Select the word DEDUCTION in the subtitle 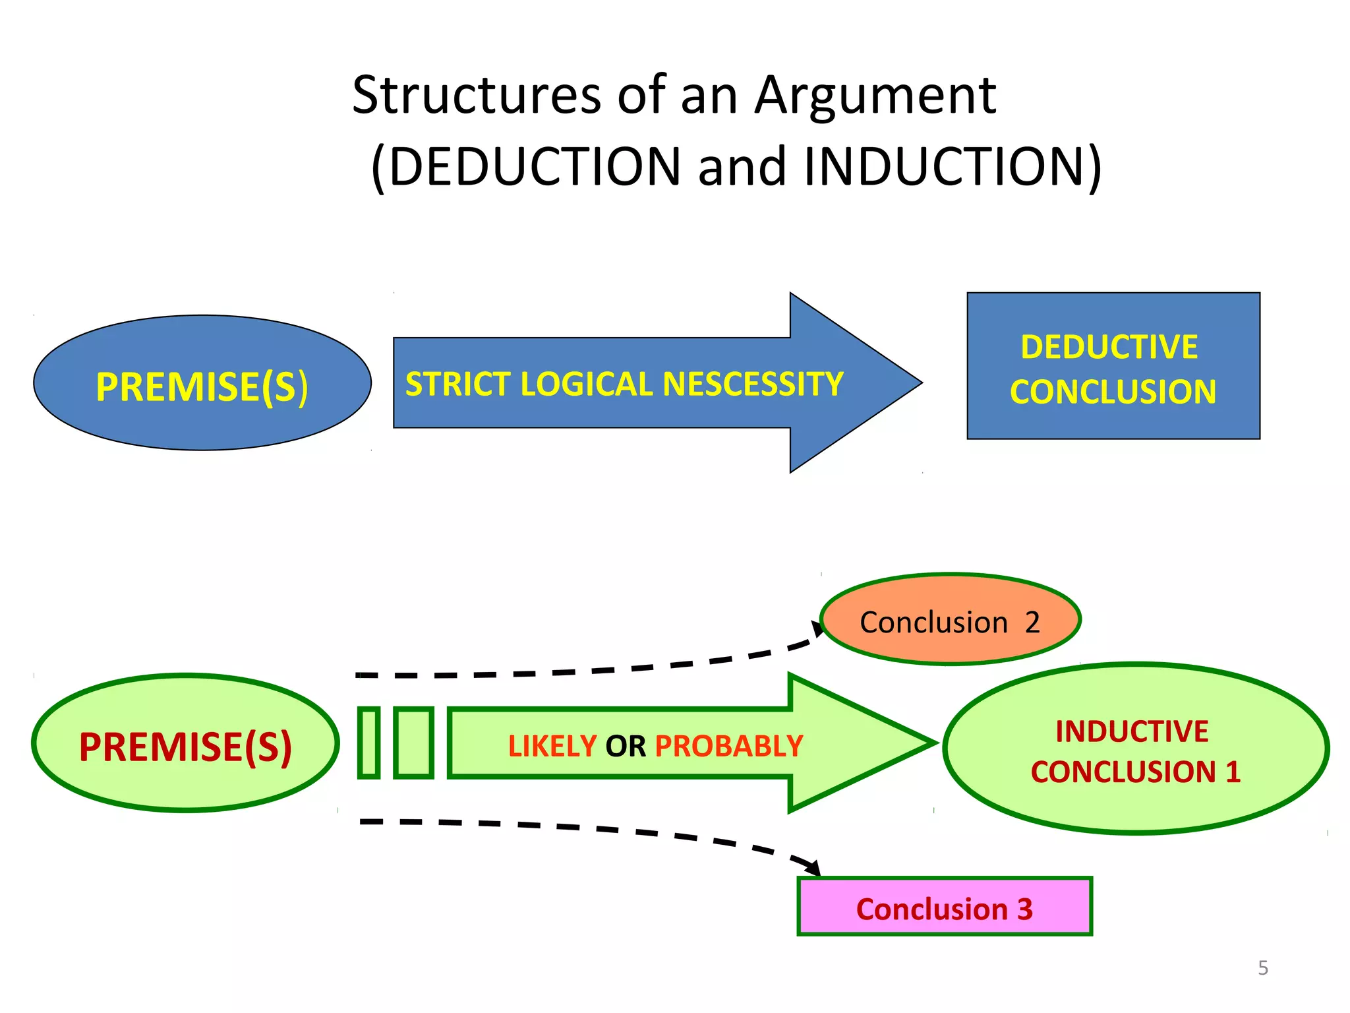534,167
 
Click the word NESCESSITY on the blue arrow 752,384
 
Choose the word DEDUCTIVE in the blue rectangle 1109,348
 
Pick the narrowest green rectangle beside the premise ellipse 368,743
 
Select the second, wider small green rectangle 413,743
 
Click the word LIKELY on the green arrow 552,747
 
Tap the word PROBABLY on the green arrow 728,747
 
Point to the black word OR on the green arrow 625,747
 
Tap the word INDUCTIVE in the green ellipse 1131,731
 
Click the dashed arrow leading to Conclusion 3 593,829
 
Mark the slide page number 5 1262,968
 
